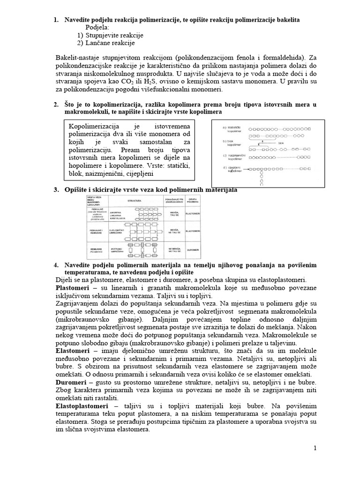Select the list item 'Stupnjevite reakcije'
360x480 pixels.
point(114,35)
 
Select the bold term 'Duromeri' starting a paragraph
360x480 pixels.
point(70,382)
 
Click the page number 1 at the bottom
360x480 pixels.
point(315,448)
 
